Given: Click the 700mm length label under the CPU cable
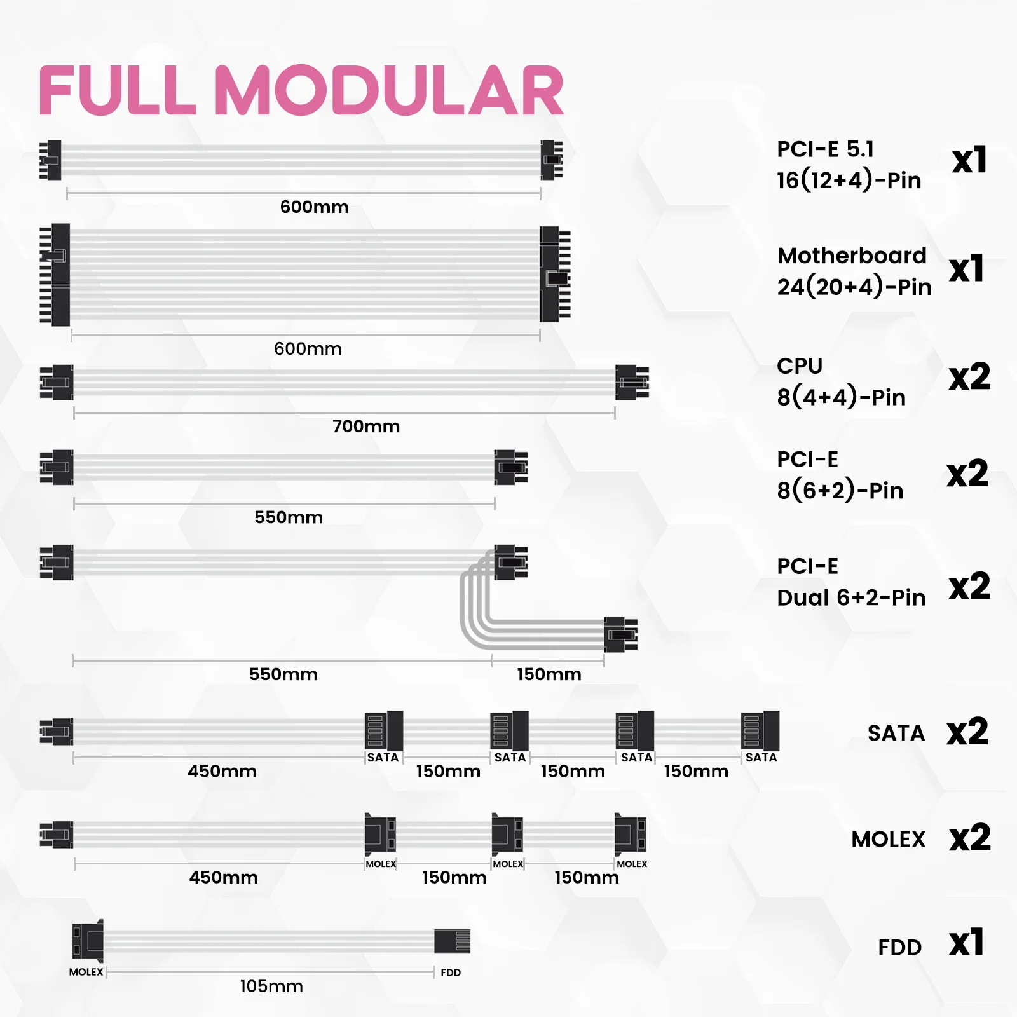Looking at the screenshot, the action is coord(366,426).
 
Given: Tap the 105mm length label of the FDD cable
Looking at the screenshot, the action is coord(271,986).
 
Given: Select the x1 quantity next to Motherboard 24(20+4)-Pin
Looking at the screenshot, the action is coord(967,269).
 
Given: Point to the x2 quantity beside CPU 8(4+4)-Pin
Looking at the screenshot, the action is coord(969,377).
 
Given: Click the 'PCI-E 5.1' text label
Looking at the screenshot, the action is coord(825,149).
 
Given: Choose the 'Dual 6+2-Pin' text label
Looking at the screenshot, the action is coord(851,597).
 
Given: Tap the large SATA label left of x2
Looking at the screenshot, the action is coord(896,733).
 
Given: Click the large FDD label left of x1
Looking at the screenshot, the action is coord(899,947).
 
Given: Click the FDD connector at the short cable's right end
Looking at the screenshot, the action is coord(452,941).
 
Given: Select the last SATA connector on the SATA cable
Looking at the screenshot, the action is coord(760,731).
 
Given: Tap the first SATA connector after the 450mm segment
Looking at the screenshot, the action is coord(384,731).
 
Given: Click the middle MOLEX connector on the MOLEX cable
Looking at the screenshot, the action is coord(507,834).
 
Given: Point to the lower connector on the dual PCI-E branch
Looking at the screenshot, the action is coord(620,634).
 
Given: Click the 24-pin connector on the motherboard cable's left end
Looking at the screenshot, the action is coord(55,275).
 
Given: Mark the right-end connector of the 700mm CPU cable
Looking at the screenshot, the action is coord(632,382).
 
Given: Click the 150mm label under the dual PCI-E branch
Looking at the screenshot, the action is coord(549,674).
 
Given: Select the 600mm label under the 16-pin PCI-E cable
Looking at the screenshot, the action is coord(314,207).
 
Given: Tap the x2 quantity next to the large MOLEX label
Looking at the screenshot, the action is coord(969,838).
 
